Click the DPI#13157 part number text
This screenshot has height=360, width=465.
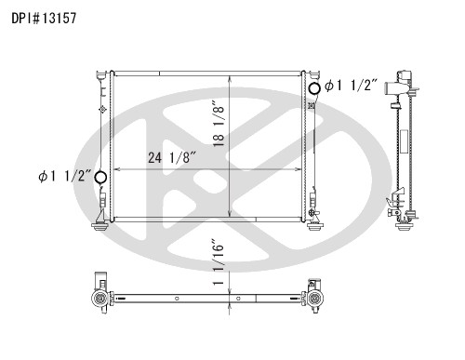[44, 19]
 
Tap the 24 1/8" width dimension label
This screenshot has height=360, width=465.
[172, 157]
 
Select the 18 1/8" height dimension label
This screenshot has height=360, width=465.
[219, 123]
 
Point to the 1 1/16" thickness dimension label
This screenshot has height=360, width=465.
[219, 262]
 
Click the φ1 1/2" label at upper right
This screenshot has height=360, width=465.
[351, 86]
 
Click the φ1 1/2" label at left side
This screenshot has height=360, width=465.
[65, 176]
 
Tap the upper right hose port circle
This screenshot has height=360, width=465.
[314, 88]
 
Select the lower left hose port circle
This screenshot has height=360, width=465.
[100, 178]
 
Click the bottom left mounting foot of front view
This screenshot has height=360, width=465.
[100, 226]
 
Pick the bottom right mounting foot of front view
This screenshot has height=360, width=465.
[315, 226]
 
